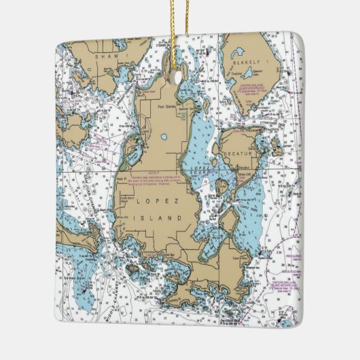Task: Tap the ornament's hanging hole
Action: [x=179, y=77]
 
